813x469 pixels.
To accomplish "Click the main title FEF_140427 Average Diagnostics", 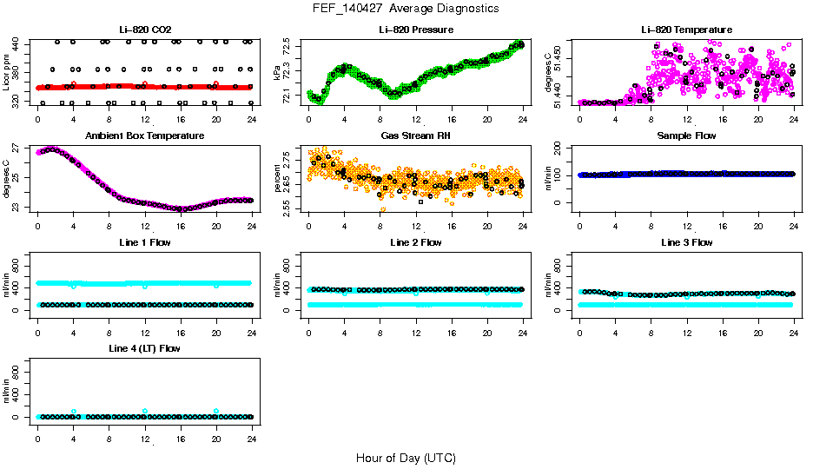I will [406, 8].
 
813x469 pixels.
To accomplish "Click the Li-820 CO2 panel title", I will [144, 30].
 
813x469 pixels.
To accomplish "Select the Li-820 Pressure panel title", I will [415, 30].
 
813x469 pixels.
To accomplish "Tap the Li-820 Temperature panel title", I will [686, 30].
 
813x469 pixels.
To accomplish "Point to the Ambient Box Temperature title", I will [144, 136].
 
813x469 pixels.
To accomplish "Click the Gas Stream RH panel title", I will [415, 136].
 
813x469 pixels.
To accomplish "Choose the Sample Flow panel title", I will [686, 136].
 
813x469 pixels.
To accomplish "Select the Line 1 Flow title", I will [144, 242].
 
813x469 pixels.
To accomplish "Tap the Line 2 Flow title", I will [415, 242].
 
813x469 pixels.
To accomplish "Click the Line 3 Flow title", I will [686, 242].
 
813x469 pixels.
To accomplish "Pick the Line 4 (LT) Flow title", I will [144, 348].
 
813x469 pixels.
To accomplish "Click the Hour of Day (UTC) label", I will [406, 458].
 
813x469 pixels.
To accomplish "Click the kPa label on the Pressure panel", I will [278, 74].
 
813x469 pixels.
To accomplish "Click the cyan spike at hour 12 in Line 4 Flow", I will [145, 411].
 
